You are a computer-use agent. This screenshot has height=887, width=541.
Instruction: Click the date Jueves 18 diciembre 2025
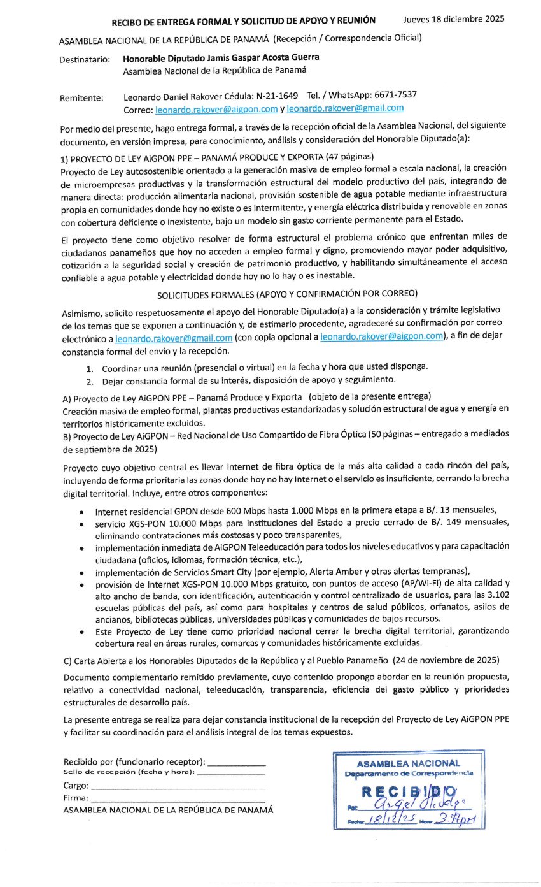pos(454,18)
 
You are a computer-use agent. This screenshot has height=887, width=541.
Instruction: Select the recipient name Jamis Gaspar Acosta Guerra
pos(252,57)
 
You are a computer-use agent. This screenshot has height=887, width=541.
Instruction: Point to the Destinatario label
pos(84,59)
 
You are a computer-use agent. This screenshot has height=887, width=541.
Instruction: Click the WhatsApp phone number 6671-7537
pos(396,95)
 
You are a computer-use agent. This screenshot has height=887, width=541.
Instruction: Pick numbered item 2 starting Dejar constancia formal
pos(248,380)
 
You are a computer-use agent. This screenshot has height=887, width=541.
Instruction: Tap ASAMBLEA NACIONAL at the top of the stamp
pos(408,763)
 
